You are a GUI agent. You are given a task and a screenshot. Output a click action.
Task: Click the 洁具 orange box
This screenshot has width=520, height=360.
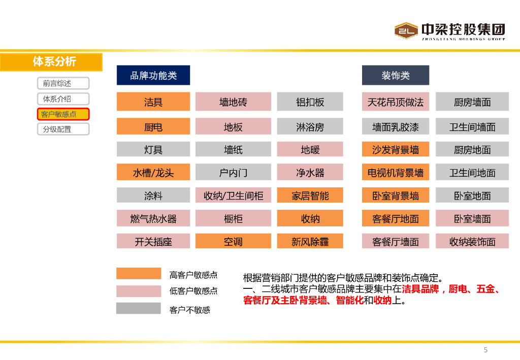pyautogui.click(x=153, y=102)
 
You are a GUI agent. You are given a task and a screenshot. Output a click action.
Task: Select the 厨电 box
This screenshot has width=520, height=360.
pyautogui.click(x=153, y=126)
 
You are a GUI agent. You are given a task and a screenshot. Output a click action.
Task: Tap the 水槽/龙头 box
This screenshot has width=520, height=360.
pyautogui.click(x=153, y=172)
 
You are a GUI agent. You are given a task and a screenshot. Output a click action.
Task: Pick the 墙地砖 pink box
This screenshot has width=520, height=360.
pyautogui.click(x=233, y=102)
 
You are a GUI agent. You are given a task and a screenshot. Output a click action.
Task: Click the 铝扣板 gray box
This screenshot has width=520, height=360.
pyautogui.click(x=310, y=102)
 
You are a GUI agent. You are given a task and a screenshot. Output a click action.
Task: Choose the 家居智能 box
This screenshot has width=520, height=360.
pyautogui.click(x=310, y=195)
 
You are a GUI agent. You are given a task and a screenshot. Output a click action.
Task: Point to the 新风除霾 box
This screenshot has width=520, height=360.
pyautogui.click(x=310, y=241)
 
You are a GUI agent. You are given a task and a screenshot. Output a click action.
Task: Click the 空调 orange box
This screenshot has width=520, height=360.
pyautogui.click(x=233, y=241)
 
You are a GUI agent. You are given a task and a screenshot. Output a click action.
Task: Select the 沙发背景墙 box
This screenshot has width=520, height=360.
pyautogui.click(x=396, y=149)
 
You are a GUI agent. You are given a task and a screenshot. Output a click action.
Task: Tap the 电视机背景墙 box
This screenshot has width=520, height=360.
pyautogui.click(x=396, y=172)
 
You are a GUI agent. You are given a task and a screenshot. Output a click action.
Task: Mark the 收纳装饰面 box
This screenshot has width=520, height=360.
pyautogui.click(x=472, y=241)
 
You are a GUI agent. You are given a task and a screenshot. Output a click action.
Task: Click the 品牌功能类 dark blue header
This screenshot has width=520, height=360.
pyautogui.click(x=153, y=75)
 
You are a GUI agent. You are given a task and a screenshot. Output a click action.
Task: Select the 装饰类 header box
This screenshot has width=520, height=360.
pyautogui.click(x=396, y=75)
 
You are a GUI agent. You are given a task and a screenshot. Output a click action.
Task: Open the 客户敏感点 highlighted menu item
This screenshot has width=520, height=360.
pyautogui.click(x=63, y=114)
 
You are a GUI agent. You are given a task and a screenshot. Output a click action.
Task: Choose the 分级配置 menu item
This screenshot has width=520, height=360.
pyautogui.click(x=63, y=129)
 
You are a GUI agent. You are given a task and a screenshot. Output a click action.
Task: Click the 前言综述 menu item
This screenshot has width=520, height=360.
pyautogui.click(x=63, y=83)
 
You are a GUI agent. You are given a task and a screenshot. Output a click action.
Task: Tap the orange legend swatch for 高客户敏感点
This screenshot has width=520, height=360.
pyautogui.click(x=139, y=274)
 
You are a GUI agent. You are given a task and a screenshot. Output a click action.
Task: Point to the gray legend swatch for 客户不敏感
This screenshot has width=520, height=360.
pyautogui.click(x=139, y=308)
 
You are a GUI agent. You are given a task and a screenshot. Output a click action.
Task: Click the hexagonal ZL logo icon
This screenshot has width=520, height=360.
pyautogui.click(x=406, y=30)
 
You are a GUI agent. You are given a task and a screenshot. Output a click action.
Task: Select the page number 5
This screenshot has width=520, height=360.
pyautogui.click(x=485, y=350)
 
